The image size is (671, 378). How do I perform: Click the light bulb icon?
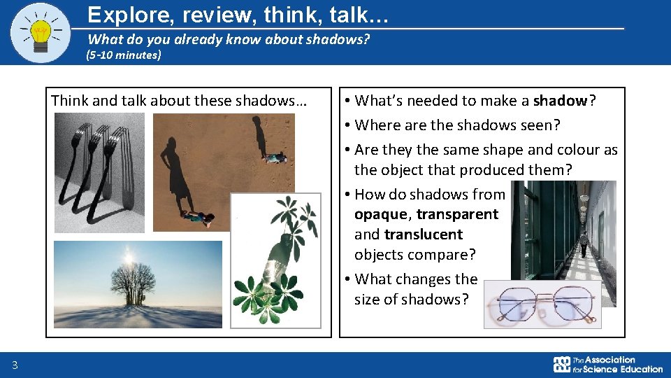click(41, 32)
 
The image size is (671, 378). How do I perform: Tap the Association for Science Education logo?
click(607, 365)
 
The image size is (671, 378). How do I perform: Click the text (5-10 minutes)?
click(123, 55)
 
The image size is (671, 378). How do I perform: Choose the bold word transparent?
click(457, 214)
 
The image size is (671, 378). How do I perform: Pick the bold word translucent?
click(423, 234)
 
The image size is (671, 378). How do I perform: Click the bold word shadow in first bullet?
click(561, 101)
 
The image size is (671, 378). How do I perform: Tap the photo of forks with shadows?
click(99, 172)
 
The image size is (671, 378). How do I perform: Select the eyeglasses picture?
click(542, 304)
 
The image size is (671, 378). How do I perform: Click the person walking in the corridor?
click(584, 244)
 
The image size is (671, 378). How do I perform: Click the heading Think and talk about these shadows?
click(179, 101)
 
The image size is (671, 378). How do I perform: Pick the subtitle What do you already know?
click(228, 40)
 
